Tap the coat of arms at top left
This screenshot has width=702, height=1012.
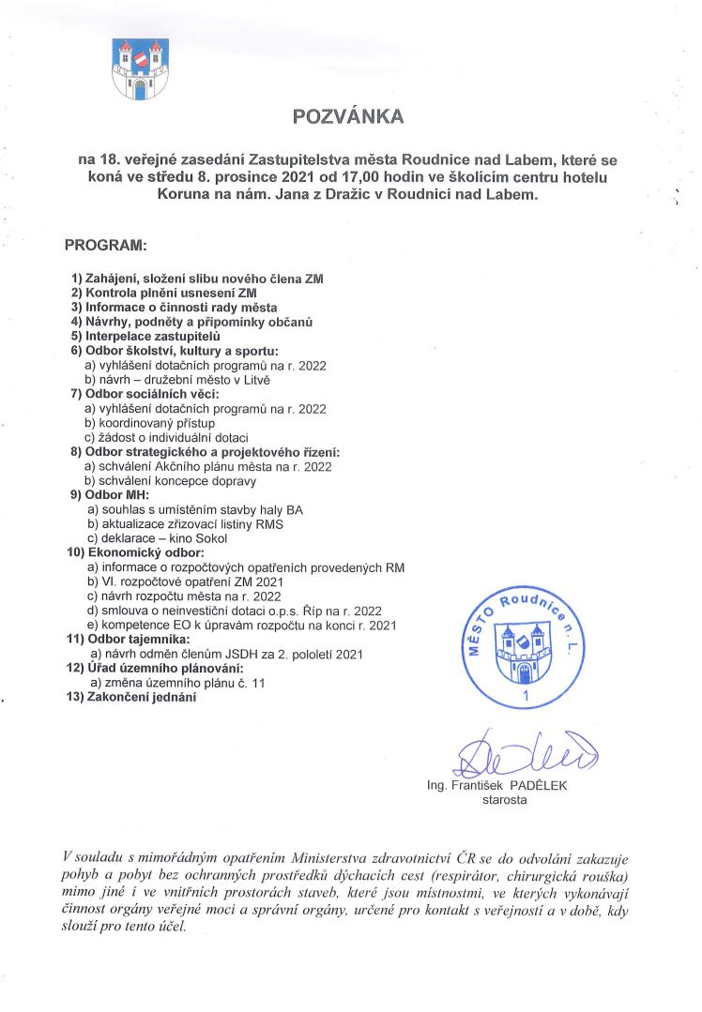click(x=140, y=68)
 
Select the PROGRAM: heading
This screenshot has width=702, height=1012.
click(x=105, y=246)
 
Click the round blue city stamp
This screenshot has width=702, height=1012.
click(x=528, y=647)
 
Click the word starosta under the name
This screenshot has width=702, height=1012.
click(x=504, y=800)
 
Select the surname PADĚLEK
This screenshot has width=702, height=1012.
click(x=536, y=786)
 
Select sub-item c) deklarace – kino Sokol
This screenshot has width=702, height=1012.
click(x=160, y=537)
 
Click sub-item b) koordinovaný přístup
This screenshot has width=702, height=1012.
click(x=151, y=423)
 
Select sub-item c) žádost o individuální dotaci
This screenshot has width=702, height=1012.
click(x=166, y=437)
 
